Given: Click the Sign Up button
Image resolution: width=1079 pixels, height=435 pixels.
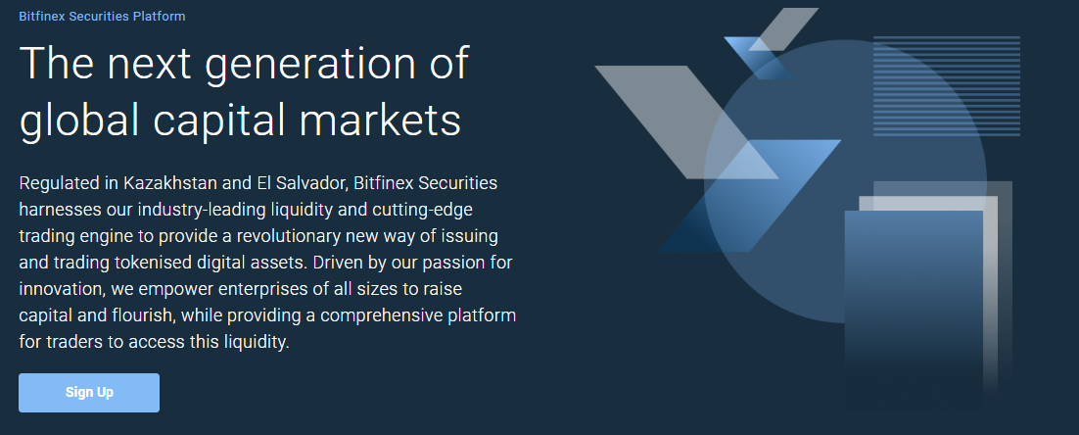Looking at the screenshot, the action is (x=89, y=392).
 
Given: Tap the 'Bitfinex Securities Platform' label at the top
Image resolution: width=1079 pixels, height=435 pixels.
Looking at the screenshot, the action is (x=102, y=16).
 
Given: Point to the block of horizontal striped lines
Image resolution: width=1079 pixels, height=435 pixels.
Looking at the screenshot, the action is (x=946, y=86).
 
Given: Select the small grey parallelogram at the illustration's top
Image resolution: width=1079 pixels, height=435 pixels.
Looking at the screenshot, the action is (x=783, y=29).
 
